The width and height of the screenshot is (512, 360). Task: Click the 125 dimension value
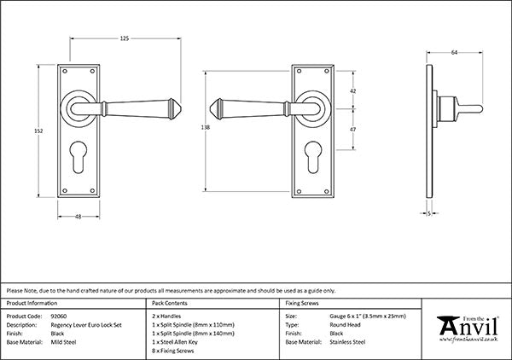click(x=125, y=38)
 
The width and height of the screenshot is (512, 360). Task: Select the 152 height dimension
click(x=38, y=131)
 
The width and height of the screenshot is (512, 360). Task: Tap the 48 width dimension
click(x=78, y=217)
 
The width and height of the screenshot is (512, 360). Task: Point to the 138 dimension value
click(x=205, y=128)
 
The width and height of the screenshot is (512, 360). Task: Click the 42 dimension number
click(x=353, y=91)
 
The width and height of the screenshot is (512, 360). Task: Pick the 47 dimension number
click(x=353, y=130)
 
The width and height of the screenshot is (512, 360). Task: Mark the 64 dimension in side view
click(x=454, y=53)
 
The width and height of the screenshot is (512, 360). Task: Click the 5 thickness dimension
click(x=429, y=213)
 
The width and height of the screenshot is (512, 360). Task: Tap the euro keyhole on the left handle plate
click(x=79, y=156)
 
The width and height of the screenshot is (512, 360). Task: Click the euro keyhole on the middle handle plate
click(x=313, y=157)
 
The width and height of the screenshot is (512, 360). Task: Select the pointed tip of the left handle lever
click(x=181, y=108)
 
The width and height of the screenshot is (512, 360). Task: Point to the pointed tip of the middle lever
click(x=209, y=108)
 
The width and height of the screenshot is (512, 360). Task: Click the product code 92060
click(x=59, y=316)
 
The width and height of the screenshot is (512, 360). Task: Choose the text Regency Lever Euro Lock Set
click(x=86, y=325)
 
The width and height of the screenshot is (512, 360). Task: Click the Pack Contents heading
click(x=170, y=303)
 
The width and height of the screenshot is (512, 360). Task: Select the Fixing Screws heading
click(x=302, y=303)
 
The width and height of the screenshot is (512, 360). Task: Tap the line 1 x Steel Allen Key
click(x=175, y=342)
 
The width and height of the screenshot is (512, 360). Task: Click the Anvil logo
click(x=468, y=328)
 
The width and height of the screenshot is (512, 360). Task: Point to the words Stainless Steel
click(x=347, y=342)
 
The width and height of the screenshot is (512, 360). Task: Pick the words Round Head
click(x=345, y=325)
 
